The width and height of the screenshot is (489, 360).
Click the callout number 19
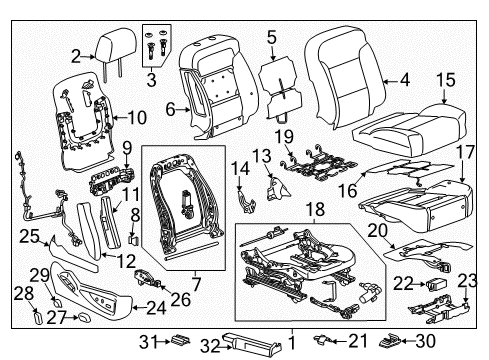pyautogui.click(x=284, y=135)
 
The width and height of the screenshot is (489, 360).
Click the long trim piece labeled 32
pyautogui.click(x=245, y=342)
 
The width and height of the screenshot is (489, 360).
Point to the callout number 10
pyautogui.click(x=137, y=117)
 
